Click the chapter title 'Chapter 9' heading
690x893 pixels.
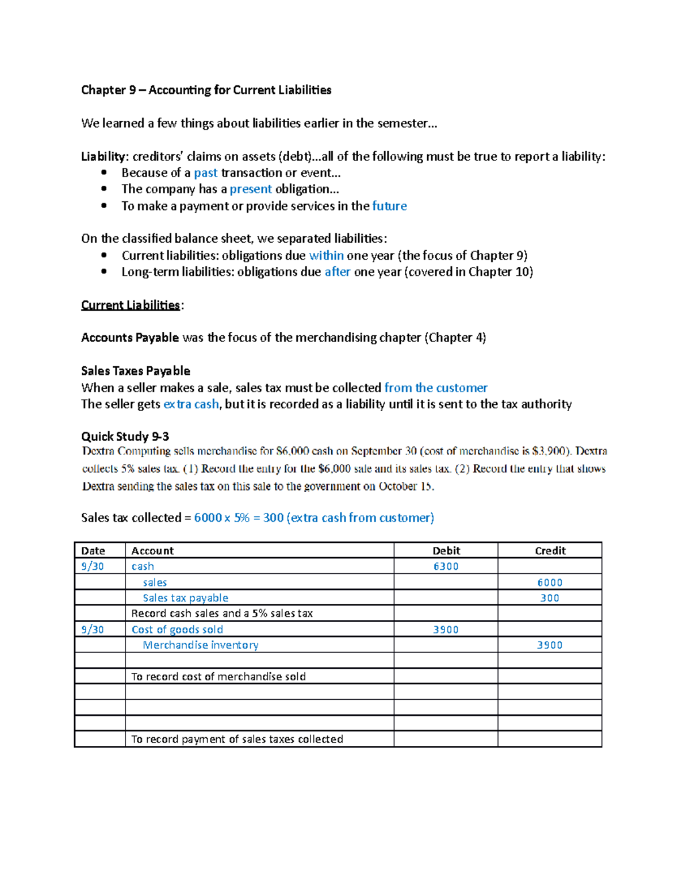pyautogui.click(x=206, y=90)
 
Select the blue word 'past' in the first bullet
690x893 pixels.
pyautogui.click(x=205, y=173)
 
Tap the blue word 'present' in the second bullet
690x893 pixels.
pyautogui.click(x=251, y=189)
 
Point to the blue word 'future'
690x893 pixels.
pyautogui.click(x=389, y=206)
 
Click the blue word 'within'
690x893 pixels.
pyautogui.click(x=326, y=255)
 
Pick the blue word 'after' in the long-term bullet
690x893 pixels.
pyautogui.click(x=337, y=272)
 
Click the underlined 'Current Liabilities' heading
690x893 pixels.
pyautogui.click(x=131, y=305)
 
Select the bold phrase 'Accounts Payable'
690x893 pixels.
pyautogui.click(x=130, y=338)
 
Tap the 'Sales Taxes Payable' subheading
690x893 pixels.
pyautogui.click(x=136, y=371)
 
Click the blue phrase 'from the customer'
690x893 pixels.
pyautogui.click(x=436, y=388)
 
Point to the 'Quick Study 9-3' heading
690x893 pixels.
pyautogui.click(x=125, y=436)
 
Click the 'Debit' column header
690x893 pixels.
pyautogui.click(x=446, y=550)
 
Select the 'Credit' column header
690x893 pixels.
pyautogui.click(x=550, y=550)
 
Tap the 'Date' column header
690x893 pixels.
pyautogui.click(x=93, y=550)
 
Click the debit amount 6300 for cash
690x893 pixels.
pyautogui.click(x=446, y=566)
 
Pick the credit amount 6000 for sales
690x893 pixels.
pyautogui.click(x=550, y=582)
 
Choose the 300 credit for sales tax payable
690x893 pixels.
pyautogui.click(x=550, y=598)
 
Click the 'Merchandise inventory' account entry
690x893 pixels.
pyautogui.click(x=201, y=645)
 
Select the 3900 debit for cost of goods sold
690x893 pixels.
pyautogui.click(x=446, y=630)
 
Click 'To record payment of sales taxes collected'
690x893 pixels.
pyautogui.click(x=237, y=739)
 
